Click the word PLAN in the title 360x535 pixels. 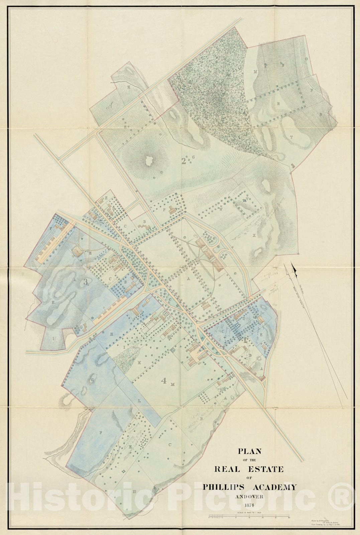click(249, 451)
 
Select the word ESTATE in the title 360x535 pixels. click(264, 469)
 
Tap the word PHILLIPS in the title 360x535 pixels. click(224, 487)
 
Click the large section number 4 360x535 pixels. click(164, 381)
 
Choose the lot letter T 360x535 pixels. click(291, 137)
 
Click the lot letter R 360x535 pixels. click(278, 104)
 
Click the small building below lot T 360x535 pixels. click(293, 166)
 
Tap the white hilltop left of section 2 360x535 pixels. click(148, 161)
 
